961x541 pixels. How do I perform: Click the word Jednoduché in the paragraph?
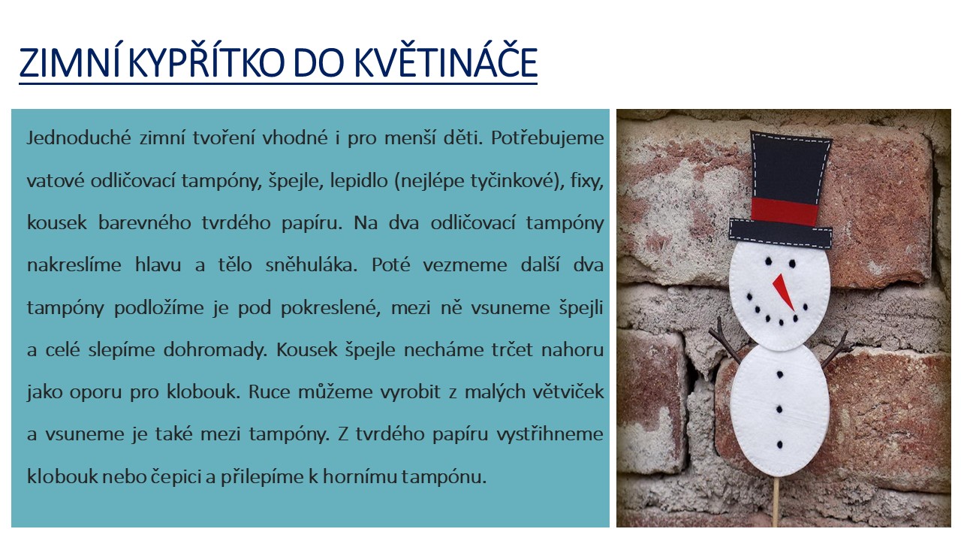click(79, 138)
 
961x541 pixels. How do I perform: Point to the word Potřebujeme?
click(547, 138)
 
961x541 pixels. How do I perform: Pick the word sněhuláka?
click(311, 265)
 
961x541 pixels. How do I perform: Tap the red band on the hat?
click(785, 211)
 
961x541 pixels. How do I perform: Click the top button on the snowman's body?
click(780, 375)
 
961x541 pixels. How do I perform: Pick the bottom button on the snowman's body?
click(779, 444)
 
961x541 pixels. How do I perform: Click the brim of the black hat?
click(780, 234)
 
